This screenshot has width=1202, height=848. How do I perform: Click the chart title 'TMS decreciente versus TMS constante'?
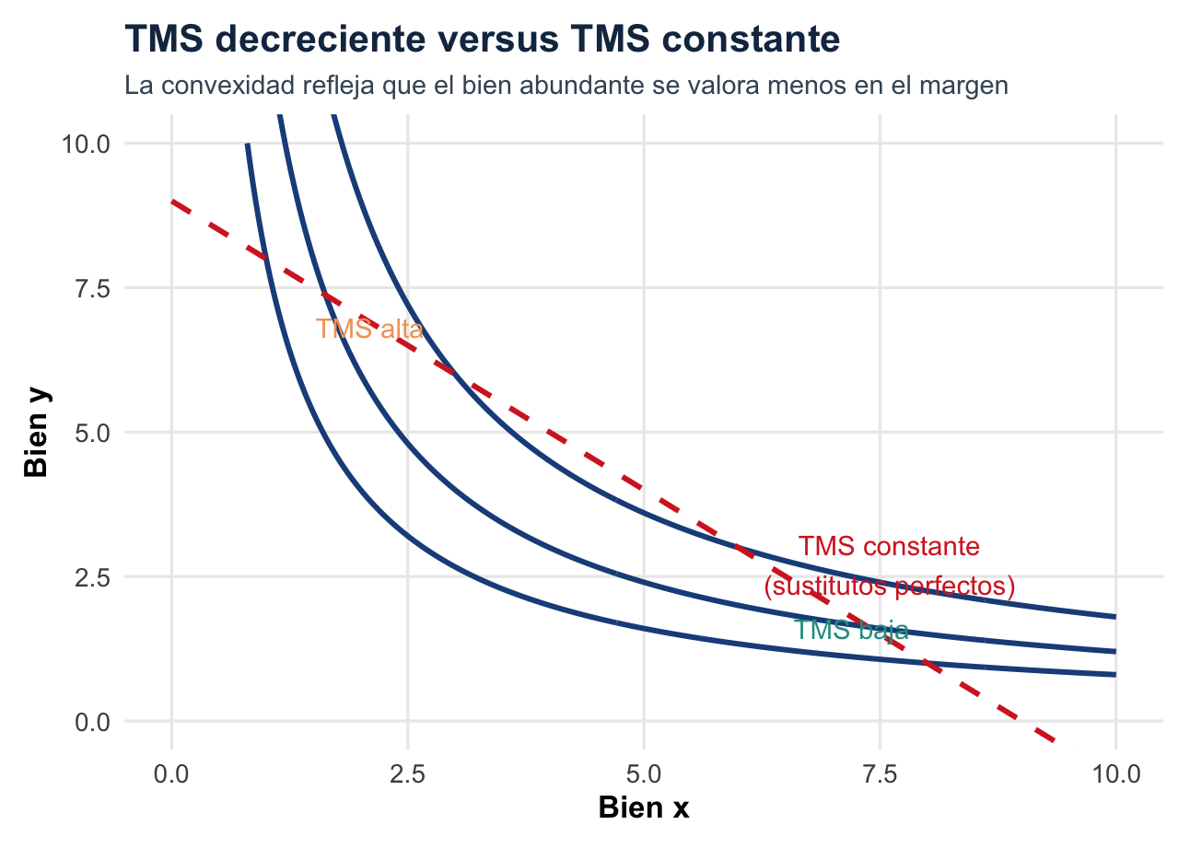(x=482, y=40)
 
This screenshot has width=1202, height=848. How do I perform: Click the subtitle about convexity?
(x=566, y=87)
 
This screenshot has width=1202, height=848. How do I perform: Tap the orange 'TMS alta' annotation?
(x=369, y=330)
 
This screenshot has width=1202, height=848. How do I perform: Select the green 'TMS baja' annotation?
(x=851, y=631)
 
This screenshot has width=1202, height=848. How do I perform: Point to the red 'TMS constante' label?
(x=889, y=547)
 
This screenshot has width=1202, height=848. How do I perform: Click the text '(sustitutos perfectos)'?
(x=890, y=587)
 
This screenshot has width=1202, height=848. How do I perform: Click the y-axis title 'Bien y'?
(x=37, y=432)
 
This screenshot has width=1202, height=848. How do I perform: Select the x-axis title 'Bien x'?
(x=643, y=807)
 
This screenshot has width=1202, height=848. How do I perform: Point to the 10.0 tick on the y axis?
(x=86, y=144)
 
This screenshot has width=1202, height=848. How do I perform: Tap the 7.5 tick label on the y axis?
(x=91, y=288)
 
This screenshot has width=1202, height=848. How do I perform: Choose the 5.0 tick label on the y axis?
(x=91, y=433)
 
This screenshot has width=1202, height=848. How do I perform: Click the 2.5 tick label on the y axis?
(x=91, y=577)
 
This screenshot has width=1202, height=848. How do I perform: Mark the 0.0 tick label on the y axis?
(x=91, y=722)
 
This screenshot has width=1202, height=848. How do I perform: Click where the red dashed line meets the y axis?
(x=172, y=202)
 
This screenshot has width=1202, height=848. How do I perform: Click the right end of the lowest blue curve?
(x=1115, y=675)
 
